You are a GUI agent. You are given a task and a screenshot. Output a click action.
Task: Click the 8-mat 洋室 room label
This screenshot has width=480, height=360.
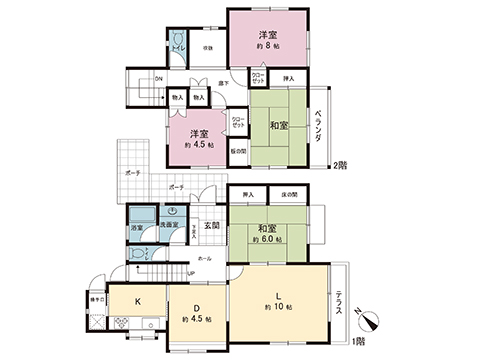[x=266, y=37]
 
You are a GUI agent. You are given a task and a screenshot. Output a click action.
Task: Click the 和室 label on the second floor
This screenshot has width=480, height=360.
[x=278, y=127]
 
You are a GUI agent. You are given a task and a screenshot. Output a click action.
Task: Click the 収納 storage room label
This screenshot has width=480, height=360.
[x=209, y=47]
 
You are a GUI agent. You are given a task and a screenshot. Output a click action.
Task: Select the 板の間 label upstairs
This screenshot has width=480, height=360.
[x=237, y=152]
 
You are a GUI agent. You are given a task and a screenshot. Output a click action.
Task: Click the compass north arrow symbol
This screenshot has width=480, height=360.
[x=369, y=321]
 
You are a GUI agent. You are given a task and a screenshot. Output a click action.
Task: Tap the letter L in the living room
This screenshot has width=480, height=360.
[x=279, y=294]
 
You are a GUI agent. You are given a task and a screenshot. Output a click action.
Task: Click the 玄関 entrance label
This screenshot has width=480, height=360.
[x=212, y=226]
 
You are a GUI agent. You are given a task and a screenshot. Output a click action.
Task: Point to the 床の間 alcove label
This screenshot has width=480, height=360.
[x=290, y=193]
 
